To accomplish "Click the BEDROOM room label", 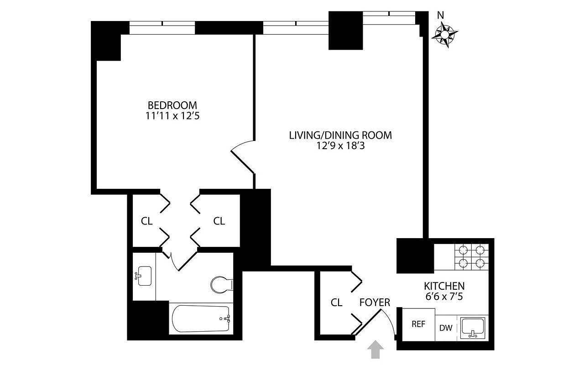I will click(172, 105).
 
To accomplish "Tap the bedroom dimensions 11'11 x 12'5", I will click(172, 116).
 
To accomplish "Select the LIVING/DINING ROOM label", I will click(340, 135).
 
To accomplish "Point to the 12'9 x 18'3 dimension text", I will click(340, 146).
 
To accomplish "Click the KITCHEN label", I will click(444, 286).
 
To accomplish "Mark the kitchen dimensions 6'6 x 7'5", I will click(444, 296).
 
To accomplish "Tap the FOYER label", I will click(375, 302).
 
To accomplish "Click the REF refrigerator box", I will click(418, 324).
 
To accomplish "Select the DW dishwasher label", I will click(445, 328).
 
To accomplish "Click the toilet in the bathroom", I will click(222, 285).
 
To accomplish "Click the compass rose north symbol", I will click(445, 35).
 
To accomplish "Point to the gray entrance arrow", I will click(375, 350).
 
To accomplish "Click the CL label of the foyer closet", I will click(336, 302).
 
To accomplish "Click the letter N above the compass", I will click(440, 15).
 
